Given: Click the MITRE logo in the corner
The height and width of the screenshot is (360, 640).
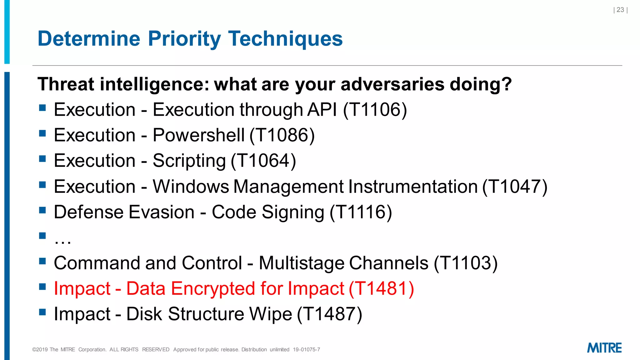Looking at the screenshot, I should pos(604,348).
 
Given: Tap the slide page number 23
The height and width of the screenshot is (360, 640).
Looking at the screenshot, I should pos(620,10).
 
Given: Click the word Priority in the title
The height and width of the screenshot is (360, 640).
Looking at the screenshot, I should pos(184,39).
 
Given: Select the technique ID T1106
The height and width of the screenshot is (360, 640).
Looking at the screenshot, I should pos(375,110).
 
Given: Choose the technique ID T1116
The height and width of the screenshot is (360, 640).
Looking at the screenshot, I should pos(361,212).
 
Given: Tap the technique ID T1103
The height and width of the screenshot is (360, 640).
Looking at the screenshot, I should pos(466,263).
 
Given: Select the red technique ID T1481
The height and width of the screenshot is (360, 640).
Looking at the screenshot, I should pos(381,288).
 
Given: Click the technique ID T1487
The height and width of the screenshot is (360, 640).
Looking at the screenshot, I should pos(330,314).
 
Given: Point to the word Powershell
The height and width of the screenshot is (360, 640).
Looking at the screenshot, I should pos(198,135).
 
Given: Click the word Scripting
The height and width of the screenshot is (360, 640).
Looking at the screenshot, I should pos(189,161).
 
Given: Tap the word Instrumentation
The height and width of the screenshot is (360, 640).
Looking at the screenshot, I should pos(413,187).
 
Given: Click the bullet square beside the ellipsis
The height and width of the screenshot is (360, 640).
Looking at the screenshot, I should pos(42,235).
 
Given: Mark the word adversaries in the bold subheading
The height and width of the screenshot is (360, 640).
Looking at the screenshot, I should pos(392,84).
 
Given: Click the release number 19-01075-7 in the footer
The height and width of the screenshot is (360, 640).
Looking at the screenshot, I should pos(306,350).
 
